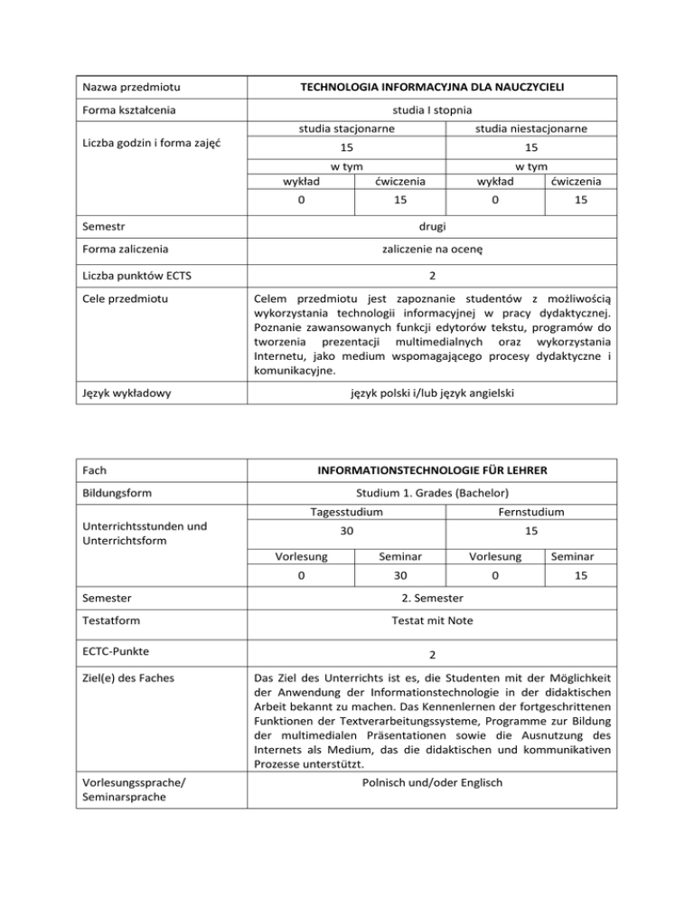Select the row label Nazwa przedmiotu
point(126,88)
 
